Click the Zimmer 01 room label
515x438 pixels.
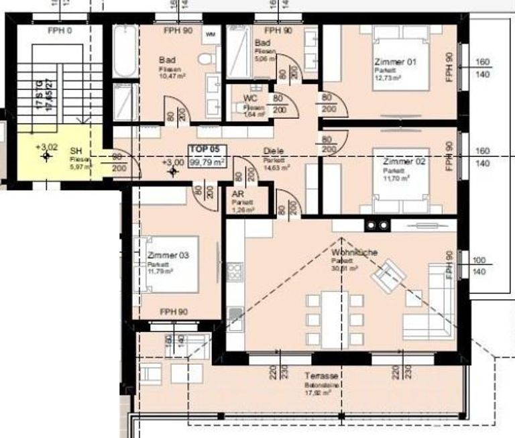pyautogui.click(x=395, y=62)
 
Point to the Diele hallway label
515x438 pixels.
pyautogui.click(x=271, y=151)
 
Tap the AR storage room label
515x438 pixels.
pyautogui.click(x=237, y=194)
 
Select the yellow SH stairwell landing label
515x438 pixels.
pyautogui.click(x=74, y=152)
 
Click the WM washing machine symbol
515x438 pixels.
pyautogui.click(x=211, y=34)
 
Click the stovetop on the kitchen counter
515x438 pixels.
pyautogui.click(x=235, y=272)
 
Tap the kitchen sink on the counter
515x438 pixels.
pyautogui.click(x=235, y=313)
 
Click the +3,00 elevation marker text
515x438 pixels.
pyautogui.click(x=172, y=162)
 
